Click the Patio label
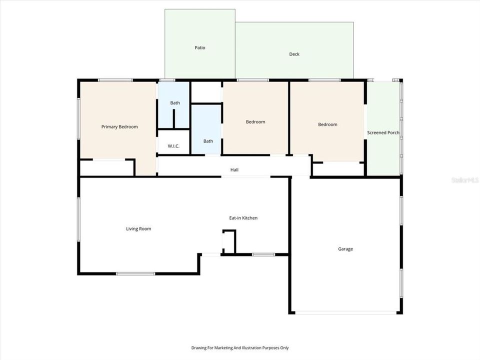tap(200, 48)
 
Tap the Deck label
tap(294, 54)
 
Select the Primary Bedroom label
tap(119, 127)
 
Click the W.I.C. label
tap(173, 146)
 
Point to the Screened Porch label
tap(383, 133)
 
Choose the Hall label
tap(234, 170)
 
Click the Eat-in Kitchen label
tap(243, 218)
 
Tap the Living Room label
tap(138, 229)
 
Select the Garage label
tap(345, 249)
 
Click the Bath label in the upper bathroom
tap(175, 103)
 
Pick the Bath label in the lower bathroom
tap(208, 141)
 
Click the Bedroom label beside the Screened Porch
tap(327, 124)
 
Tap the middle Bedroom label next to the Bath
tap(255, 122)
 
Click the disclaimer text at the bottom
tap(240, 347)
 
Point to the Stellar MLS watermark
tap(465, 179)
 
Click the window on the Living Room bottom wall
tap(135, 273)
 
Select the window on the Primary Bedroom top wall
tap(115, 80)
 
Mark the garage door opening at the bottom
tap(345, 313)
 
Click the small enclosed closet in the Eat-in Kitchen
tap(229, 242)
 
